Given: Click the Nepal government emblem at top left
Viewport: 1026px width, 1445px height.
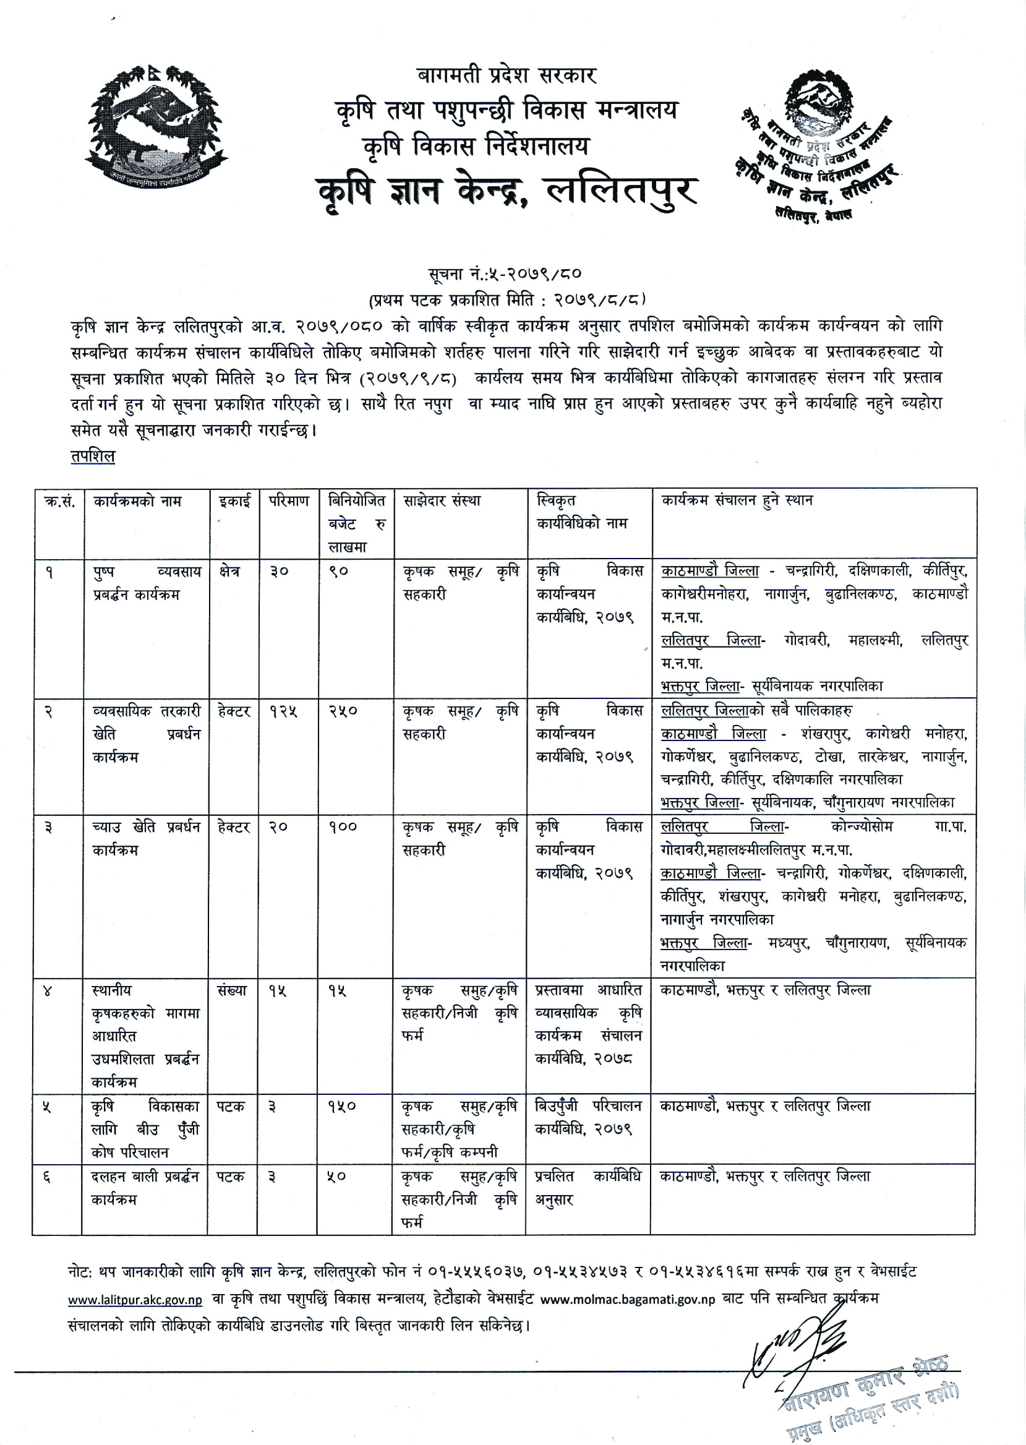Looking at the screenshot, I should point(155,126).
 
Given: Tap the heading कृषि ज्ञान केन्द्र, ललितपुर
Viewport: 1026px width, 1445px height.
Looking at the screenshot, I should point(507,190).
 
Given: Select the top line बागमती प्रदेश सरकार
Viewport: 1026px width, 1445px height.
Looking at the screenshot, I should point(507,76).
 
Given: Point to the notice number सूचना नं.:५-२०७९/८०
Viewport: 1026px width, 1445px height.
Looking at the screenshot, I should point(504,273).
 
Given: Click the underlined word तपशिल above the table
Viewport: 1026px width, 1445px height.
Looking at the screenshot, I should point(93,455).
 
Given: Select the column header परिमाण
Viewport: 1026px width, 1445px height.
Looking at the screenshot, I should point(289,501).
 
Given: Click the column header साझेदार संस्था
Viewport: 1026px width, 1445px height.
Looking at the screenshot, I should point(442,501).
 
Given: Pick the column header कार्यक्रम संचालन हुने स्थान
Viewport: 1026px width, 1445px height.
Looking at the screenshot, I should point(737,500).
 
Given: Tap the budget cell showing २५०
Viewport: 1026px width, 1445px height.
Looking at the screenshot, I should point(343,711).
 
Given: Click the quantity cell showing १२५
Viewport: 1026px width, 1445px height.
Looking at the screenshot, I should point(284,711).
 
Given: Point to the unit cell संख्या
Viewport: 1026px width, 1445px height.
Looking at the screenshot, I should point(232,990).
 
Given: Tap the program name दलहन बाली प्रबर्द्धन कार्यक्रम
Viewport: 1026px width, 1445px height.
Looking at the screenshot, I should point(145,1188).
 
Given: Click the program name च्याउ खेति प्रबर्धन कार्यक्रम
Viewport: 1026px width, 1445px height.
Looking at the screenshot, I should point(146,838).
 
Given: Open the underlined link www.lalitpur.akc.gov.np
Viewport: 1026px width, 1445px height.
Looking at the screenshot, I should point(135,1300).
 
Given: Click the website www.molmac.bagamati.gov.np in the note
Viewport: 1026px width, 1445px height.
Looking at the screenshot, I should point(628,1300).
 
